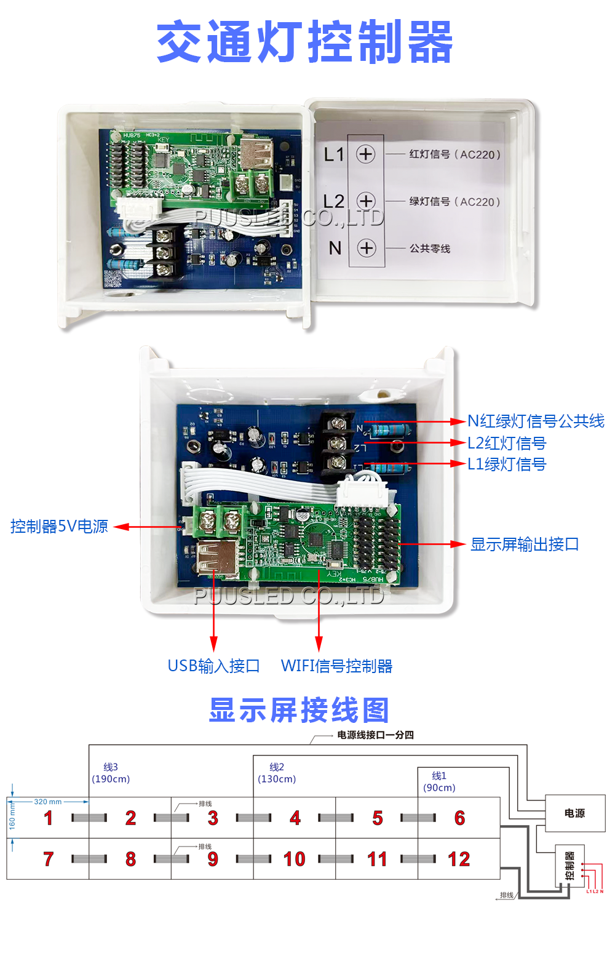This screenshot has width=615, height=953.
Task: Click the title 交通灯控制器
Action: [304, 42]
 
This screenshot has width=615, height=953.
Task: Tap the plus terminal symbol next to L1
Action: [365, 154]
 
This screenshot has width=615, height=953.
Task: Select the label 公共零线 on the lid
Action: [430, 249]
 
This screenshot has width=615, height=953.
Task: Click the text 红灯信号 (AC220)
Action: [454, 154]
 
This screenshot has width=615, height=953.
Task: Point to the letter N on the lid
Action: [335, 248]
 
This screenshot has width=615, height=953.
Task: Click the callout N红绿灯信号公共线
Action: [536, 421]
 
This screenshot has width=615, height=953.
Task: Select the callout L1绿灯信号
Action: [506, 464]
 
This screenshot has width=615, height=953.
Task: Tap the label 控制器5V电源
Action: [59, 527]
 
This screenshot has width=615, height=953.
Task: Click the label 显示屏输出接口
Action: [525, 544]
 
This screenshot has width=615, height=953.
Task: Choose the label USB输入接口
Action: [213, 666]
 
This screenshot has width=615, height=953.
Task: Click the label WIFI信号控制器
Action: [336, 666]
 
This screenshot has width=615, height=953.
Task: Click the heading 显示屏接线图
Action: [300, 711]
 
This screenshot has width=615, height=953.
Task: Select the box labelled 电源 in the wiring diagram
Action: [574, 813]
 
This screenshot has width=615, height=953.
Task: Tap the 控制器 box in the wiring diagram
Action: [569, 866]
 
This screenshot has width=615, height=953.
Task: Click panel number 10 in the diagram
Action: [295, 859]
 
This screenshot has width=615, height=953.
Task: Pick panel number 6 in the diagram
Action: [459, 818]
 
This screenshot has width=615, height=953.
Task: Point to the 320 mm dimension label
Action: [48, 802]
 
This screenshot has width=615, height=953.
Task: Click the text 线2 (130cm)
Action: [277, 773]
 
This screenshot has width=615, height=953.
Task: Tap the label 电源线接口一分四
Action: [375, 735]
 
